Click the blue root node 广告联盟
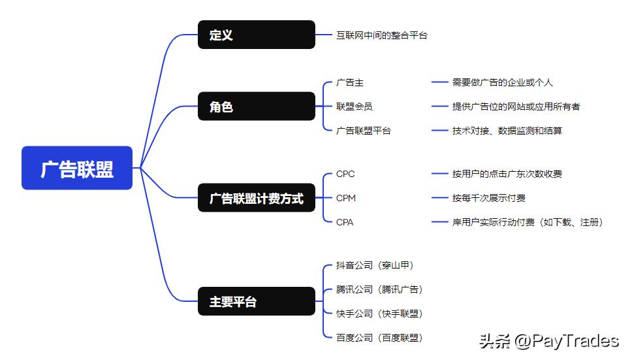(x=77, y=169)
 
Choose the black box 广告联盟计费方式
(x=256, y=198)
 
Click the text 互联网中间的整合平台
(x=381, y=35)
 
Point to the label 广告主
(x=349, y=83)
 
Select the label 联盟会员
(x=354, y=106)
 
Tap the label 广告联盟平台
(x=363, y=131)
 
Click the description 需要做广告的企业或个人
(x=502, y=83)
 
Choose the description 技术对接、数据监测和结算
(x=507, y=131)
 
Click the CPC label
(x=345, y=174)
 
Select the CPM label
(x=345, y=198)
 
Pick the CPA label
(x=345, y=222)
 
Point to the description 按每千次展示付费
(x=488, y=198)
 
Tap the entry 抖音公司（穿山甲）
(x=375, y=265)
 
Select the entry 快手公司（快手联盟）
(x=379, y=314)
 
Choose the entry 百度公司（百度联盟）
(x=379, y=338)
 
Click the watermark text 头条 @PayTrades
(x=548, y=340)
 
